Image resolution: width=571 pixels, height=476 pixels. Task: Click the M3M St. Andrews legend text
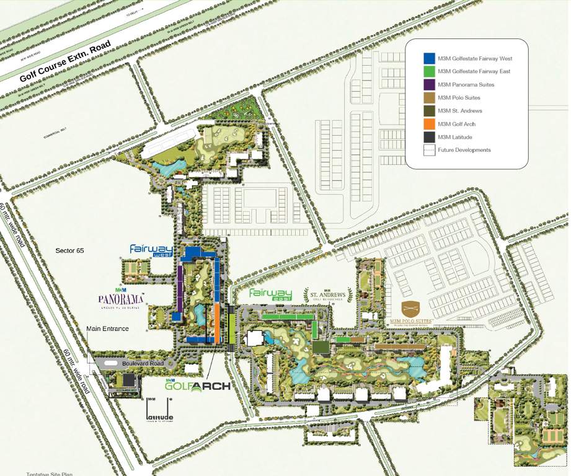tap(460, 111)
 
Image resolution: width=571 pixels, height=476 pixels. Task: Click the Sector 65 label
tap(69, 251)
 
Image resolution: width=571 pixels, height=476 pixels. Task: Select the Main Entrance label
tap(107, 328)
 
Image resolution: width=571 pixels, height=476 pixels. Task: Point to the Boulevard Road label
tap(143, 363)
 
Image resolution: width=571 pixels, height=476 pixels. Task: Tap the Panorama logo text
tap(121, 301)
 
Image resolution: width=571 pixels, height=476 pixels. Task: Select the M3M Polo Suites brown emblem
tap(410, 309)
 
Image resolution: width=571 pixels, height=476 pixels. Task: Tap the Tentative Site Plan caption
tap(50, 474)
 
